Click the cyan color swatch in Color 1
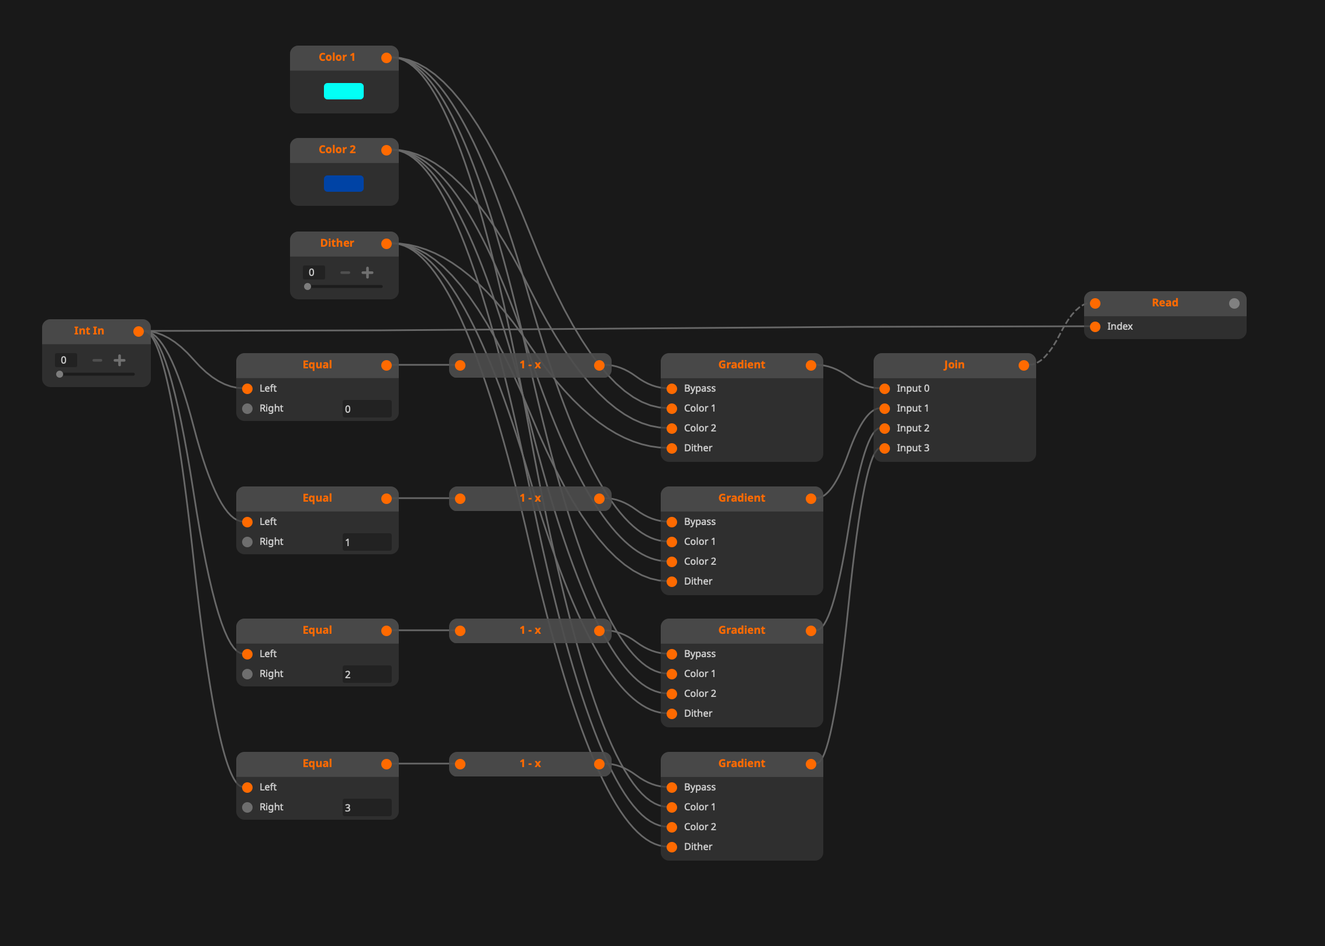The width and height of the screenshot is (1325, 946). coord(344,91)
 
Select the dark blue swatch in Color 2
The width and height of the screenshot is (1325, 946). coord(344,184)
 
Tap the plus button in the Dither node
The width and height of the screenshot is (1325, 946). coord(367,272)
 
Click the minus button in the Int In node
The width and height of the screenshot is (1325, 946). coord(98,360)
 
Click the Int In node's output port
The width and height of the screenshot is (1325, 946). coord(139,332)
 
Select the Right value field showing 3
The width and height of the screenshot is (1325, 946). coord(367,807)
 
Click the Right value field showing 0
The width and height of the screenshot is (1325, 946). coord(367,409)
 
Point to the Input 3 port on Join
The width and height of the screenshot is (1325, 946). coord(885,448)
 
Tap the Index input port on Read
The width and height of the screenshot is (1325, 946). coord(1095,327)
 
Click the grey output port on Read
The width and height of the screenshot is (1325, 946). coord(1234,303)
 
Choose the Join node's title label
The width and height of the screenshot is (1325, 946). coord(954,365)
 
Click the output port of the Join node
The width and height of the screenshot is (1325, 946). coord(1024,365)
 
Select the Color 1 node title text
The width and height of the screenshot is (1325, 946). coord(337,57)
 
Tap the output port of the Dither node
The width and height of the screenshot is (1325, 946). coord(387,244)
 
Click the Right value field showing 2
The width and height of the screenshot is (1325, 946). coord(367,674)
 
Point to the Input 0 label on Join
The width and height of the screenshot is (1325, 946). coord(913,389)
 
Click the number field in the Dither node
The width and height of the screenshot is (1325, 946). coord(313,272)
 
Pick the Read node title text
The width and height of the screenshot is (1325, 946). coord(1165,303)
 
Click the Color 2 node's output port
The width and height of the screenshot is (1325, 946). coord(387,150)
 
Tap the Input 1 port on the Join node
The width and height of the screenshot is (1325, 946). coord(885,409)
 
